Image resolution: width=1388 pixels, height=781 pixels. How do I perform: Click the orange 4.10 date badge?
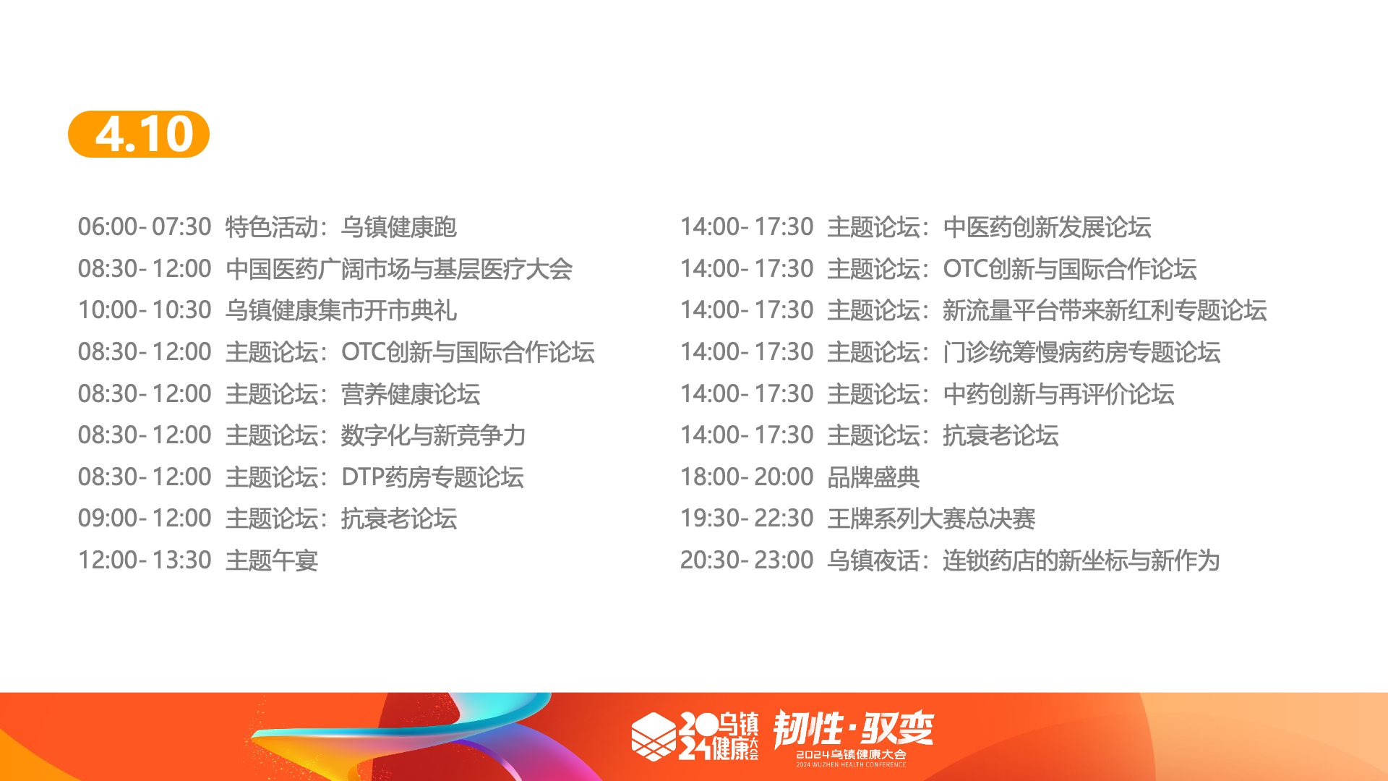click(x=139, y=134)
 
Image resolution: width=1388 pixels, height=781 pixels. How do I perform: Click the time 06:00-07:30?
click(x=145, y=227)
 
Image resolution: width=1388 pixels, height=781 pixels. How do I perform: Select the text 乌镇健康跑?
click(x=399, y=227)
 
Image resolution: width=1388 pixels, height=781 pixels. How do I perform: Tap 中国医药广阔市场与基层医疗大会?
click(x=399, y=269)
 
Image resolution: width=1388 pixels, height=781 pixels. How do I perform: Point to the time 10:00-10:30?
click(x=145, y=310)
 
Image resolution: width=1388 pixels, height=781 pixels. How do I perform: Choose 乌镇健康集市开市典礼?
click(x=341, y=310)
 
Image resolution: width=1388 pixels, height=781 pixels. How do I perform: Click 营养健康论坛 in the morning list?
click(x=411, y=394)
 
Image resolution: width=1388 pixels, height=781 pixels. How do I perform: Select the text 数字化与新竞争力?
click(x=434, y=435)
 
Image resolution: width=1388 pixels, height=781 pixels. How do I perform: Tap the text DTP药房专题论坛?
click(x=432, y=477)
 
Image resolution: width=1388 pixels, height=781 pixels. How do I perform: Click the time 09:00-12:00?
click(x=145, y=518)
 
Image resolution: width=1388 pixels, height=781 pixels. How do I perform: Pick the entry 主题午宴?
click(x=272, y=560)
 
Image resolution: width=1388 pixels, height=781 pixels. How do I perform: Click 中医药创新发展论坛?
click(x=1048, y=227)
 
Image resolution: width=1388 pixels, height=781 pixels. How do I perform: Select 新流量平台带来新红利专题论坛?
click(x=1105, y=310)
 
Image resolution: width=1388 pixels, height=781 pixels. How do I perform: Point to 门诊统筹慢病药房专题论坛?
click(x=1082, y=352)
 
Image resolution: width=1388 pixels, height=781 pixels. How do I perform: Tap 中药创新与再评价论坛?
click(x=1059, y=394)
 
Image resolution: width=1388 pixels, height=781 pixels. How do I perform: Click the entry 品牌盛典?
click(x=874, y=477)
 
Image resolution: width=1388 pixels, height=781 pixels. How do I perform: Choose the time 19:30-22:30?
click(x=747, y=518)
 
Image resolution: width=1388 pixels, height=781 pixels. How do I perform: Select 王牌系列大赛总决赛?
click(x=932, y=518)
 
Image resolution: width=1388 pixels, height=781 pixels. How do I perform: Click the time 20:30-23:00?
click(x=747, y=560)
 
